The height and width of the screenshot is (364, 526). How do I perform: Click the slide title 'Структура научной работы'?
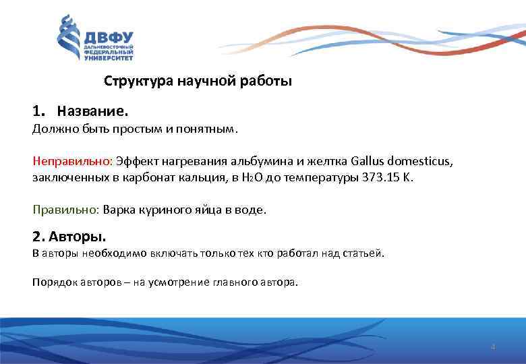[198, 82]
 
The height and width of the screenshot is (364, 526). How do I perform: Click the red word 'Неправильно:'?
[72, 162]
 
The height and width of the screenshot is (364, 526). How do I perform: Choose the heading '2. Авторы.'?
[69, 237]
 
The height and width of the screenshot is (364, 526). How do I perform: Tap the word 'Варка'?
[118, 210]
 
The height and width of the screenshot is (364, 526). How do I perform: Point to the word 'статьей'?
[363, 253]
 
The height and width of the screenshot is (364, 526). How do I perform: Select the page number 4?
[493, 346]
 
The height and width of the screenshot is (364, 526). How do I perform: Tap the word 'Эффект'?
[133, 162]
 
